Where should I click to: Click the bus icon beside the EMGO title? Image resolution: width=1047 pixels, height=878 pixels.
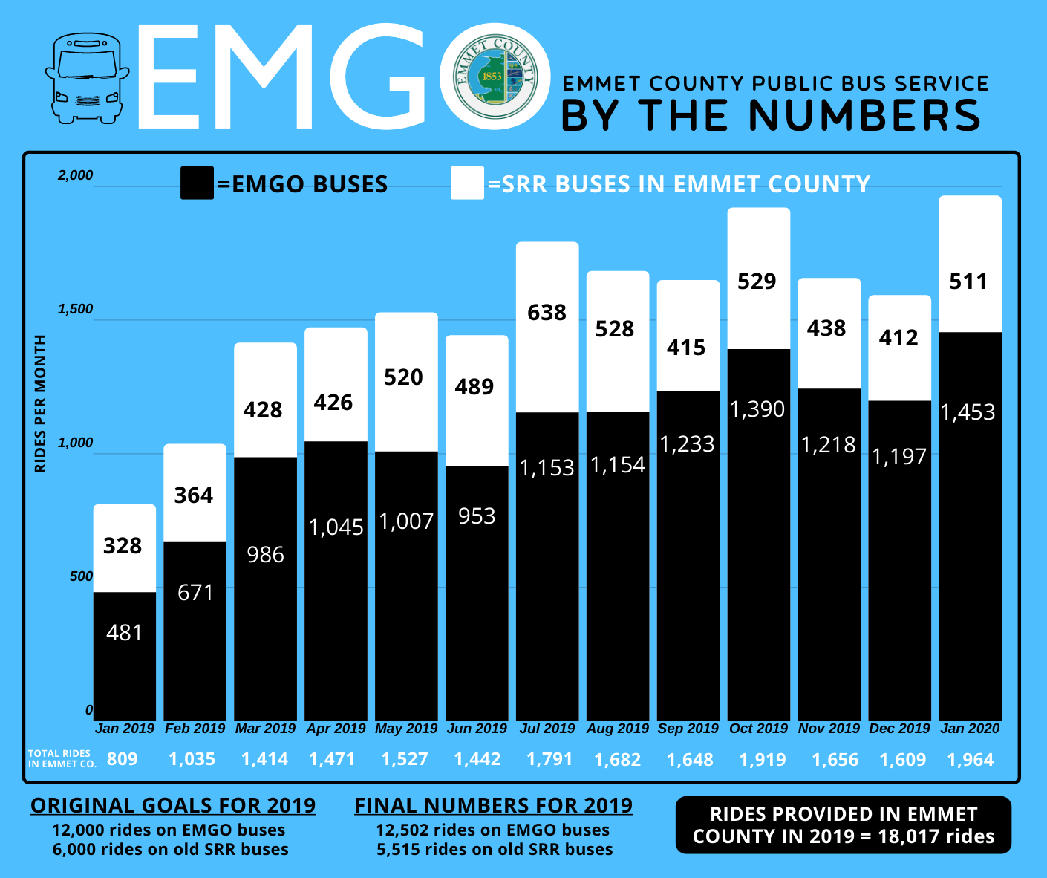pyautogui.click(x=87, y=78)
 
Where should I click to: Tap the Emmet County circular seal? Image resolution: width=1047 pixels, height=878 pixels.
pyautogui.click(x=495, y=77)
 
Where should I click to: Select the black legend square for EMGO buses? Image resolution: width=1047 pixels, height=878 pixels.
pyautogui.click(x=197, y=183)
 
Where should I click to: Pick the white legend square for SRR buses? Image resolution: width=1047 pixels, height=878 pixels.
pyautogui.click(x=467, y=183)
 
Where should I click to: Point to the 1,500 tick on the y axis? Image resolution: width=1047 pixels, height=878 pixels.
pyautogui.click(x=76, y=309)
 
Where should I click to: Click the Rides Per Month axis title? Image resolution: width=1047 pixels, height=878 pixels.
pyautogui.click(x=41, y=403)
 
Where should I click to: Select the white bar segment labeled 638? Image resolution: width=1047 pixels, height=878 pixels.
pyautogui.click(x=547, y=327)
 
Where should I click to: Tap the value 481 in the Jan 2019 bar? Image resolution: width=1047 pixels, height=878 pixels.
pyautogui.click(x=124, y=633)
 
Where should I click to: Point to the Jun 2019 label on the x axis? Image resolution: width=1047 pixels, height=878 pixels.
pyautogui.click(x=477, y=729)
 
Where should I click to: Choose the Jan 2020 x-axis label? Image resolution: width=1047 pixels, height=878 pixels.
pyautogui.click(x=970, y=729)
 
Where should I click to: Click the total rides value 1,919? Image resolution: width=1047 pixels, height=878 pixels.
pyautogui.click(x=763, y=760)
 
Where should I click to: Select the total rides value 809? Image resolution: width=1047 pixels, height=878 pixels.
pyautogui.click(x=123, y=759)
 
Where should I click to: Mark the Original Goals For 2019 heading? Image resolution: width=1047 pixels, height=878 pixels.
pyautogui.click(x=173, y=806)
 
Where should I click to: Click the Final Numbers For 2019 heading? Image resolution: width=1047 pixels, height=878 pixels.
pyautogui.click(x=494, y=806)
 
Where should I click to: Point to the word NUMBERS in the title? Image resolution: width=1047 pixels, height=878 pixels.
pyautogui.click(x=864, y=116)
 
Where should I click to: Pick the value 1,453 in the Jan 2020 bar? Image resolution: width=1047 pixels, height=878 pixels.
pyautogui.click(x=968, y=412)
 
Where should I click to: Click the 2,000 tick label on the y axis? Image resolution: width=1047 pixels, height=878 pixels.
pyautogui.click(x=76, y=175)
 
